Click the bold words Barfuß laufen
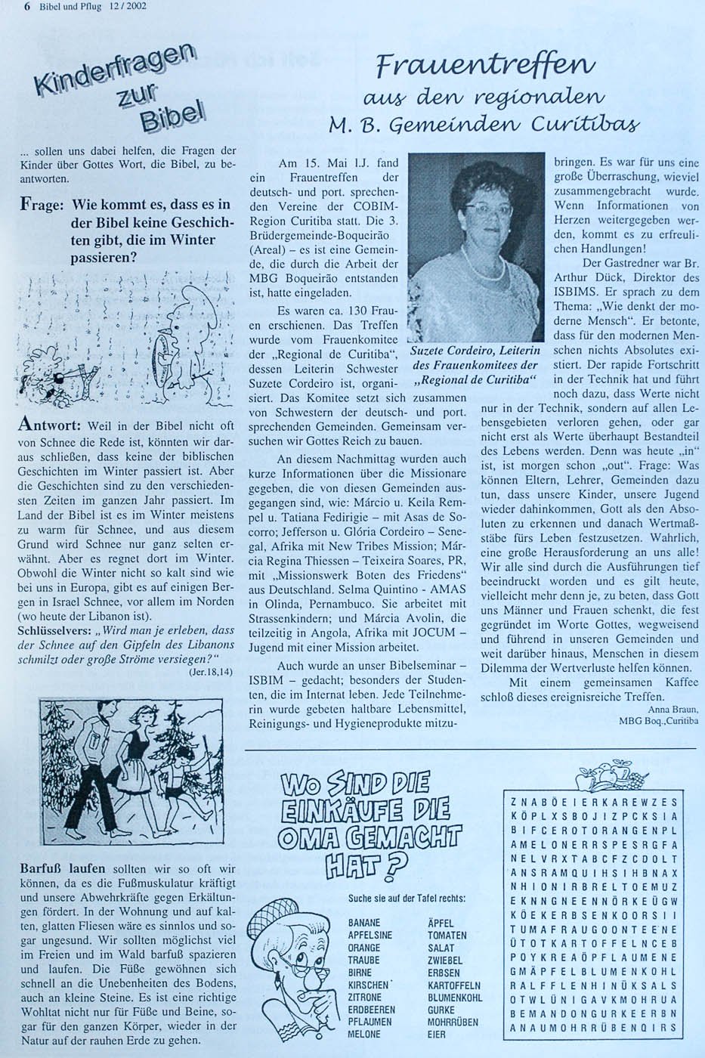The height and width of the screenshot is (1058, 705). pos(62,868)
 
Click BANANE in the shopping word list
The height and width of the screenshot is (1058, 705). pos(364,923)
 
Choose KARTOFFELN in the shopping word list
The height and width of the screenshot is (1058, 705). pos(453,985)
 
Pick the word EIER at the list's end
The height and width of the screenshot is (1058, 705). pos(437,1034)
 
